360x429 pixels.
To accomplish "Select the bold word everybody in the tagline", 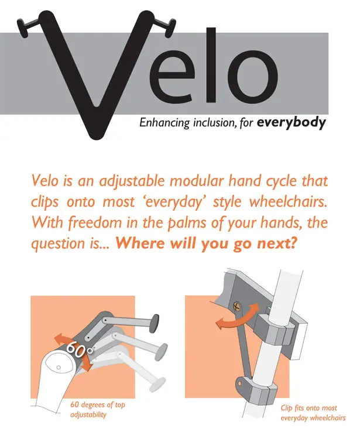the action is pyautogui.click(x=291, y=122).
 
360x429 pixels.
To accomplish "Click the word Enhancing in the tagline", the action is pyautogui.click(x=164, y=123).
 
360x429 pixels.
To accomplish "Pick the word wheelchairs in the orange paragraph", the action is pyautogui.click(x=288, y=202).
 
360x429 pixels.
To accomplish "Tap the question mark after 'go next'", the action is pyautogui.click(x=293, y=243).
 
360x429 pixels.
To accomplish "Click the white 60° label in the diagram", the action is pyautogui.click(x=80, y=349).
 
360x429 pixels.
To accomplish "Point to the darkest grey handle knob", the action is pyautogui.click(x=155, y=323).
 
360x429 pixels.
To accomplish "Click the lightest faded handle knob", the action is pyautogui.click(x=158, y=385).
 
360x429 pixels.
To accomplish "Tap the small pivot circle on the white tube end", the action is pyautogui.click(x=59, y=368).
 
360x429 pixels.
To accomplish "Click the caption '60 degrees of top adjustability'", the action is pyautogui.click(x=97, y=410).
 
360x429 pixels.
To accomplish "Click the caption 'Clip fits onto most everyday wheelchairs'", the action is pyautogui.click(x=313, y=413).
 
